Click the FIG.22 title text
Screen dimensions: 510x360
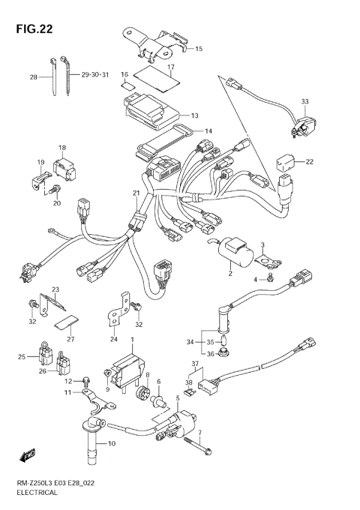[x=35, y=28]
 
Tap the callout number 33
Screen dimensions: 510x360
[x=304, y=101]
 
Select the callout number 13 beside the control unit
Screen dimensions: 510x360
[x=194, y=115]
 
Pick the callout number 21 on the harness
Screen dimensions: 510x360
[x=136, y=193]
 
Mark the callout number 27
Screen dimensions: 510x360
[x=70, y=339]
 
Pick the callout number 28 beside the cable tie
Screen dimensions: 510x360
[x=33, y=76]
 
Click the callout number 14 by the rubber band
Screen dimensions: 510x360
[x=208, y=131]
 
